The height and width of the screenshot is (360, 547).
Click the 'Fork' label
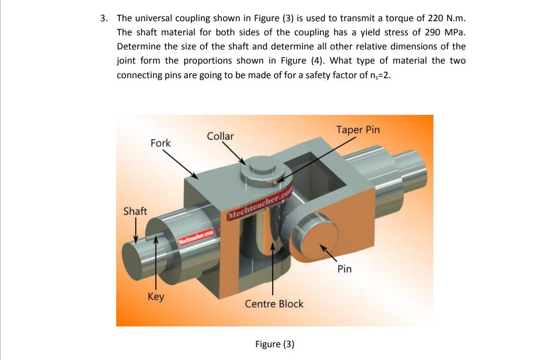(x=160, y=143)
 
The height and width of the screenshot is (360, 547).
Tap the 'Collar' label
(x=220, y=136)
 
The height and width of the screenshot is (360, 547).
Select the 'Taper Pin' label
(x=357, y=130)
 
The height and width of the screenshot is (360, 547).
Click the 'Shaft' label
(x=135, y=211)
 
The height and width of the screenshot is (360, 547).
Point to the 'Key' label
(x=156, y=296)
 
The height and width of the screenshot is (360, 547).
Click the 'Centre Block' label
(x=274, y=304)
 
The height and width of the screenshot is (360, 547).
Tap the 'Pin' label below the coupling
(x=344, y=269)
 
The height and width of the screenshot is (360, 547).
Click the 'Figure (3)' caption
(x=274, y=344)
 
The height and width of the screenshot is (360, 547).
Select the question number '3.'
(x=104, y=18)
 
